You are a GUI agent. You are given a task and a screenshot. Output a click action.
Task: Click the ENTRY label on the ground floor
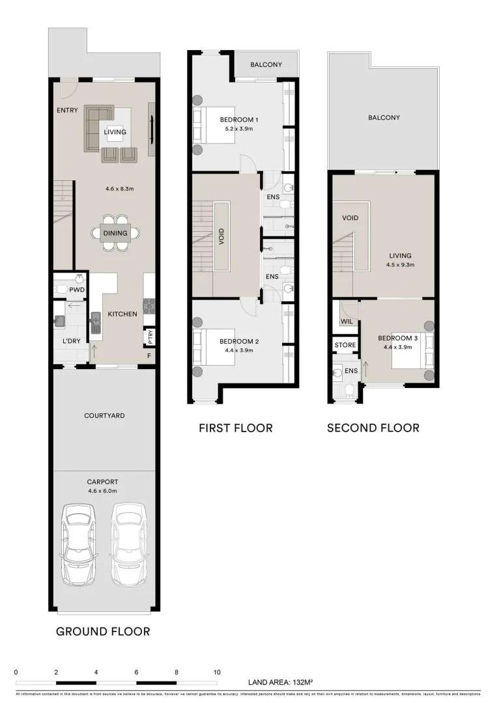(x=67, y=111)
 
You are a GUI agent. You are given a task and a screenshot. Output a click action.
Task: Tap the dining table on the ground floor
(x=115, y=233)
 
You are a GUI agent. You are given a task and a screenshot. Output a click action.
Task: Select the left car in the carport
(x=78, y=544)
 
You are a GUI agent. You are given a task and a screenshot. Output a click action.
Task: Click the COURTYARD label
(x=104, y=415)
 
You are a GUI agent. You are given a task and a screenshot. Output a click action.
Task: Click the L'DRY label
(x=72, y=341)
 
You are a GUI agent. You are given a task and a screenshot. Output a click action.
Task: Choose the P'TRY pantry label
(x=149, y=337)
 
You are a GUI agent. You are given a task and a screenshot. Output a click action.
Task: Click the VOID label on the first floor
(x=221, y=235)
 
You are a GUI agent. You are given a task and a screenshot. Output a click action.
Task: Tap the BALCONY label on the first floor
(x=266, y=64)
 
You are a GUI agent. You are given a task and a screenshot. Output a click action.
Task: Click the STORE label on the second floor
(x=345, y=344)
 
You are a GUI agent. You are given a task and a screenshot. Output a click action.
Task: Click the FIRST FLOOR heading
(x=235, y=428)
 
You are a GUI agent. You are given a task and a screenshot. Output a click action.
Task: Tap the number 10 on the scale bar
(x=217, y=672)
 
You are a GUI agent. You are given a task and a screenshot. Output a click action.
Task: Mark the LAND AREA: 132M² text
(x=281, y=683)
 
